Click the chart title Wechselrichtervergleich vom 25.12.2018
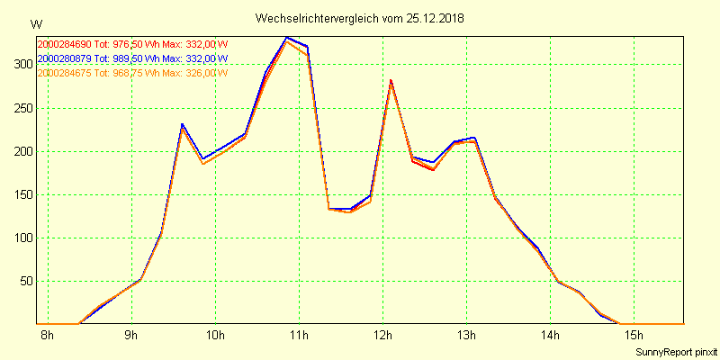point(360,18)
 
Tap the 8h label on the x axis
point(48,336)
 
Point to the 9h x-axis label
point(131,336)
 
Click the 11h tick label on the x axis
point(299,336)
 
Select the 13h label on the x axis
point(466,336)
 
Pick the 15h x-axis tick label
point(634,336)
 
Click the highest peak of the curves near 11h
point(286,38)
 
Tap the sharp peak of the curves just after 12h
point(391,81)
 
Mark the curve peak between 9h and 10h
point(182,125)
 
